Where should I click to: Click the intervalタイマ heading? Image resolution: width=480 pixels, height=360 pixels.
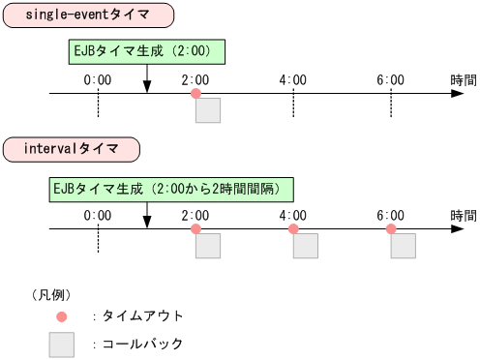(71, 149)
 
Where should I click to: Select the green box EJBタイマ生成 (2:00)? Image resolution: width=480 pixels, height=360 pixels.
(147, 51)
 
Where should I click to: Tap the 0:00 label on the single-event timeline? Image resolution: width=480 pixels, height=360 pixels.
(99, 79)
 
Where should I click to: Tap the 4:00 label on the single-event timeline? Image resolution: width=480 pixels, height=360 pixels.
(293, 79)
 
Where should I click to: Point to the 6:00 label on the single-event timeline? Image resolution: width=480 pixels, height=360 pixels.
(391, 79)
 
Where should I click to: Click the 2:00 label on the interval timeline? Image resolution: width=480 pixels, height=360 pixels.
(195, 215)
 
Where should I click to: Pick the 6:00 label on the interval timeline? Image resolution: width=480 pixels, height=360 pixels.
(391, 215)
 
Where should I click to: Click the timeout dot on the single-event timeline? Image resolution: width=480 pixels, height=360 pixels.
(196, 94)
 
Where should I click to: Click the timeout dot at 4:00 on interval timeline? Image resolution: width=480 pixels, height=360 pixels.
(293, 229)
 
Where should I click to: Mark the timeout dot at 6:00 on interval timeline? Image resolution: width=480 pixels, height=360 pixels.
(391, 229)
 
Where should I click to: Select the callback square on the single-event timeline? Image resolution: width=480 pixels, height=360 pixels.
(208, 110)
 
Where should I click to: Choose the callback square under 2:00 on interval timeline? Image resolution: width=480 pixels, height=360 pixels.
(208, 246)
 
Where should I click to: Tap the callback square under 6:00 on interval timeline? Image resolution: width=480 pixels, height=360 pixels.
(404, 246)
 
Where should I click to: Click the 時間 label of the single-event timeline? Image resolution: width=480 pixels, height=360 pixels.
(463, 79)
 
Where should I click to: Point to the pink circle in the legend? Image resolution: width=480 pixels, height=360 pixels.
(62, 316)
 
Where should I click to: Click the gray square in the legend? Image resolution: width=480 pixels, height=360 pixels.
(62, 345)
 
